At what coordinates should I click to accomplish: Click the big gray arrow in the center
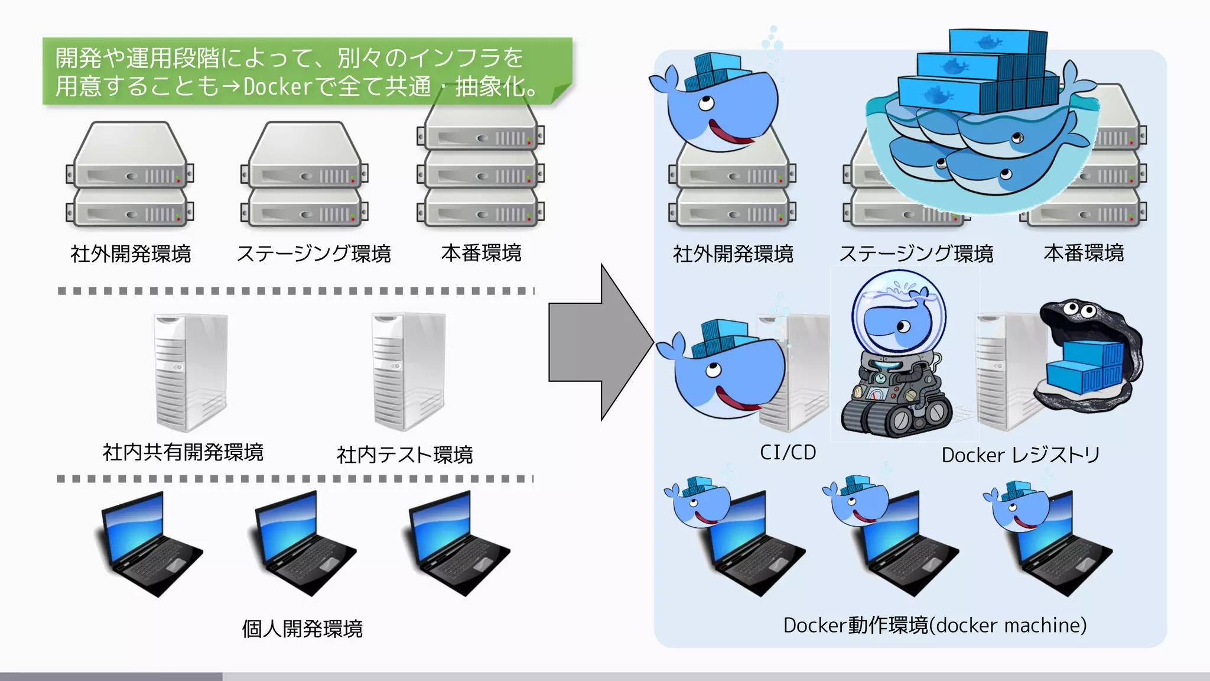(x=597, y=343)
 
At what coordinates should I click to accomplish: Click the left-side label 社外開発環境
(x=131, y=254)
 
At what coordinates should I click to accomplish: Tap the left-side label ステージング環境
(x=313, y=254)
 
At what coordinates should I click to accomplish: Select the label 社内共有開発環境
(x=183, y=452)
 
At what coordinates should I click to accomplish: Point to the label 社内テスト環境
(x=405, y=455)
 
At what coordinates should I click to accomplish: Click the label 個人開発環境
(x=302, y=628)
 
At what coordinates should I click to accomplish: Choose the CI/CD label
(x=788, y=452)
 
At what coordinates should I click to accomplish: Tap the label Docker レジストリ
(x=1020, y=455)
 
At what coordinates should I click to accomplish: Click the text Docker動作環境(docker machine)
(x=935, y=625)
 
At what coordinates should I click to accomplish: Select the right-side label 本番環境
(x=1084, y=253)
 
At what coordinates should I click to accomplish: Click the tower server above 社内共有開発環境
(x=190, y=372)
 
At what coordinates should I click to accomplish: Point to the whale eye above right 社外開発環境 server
(x=706, y=105)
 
